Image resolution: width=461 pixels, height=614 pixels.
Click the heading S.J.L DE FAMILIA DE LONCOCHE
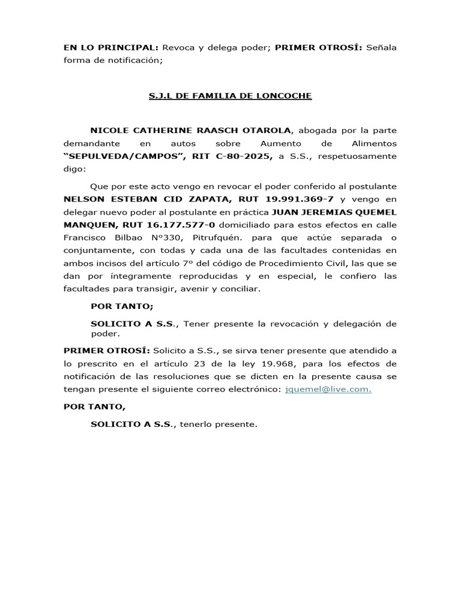(230, 96)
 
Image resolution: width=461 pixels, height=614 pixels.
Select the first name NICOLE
(109, 130)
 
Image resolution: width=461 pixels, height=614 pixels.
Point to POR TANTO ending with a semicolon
(122, 306)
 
